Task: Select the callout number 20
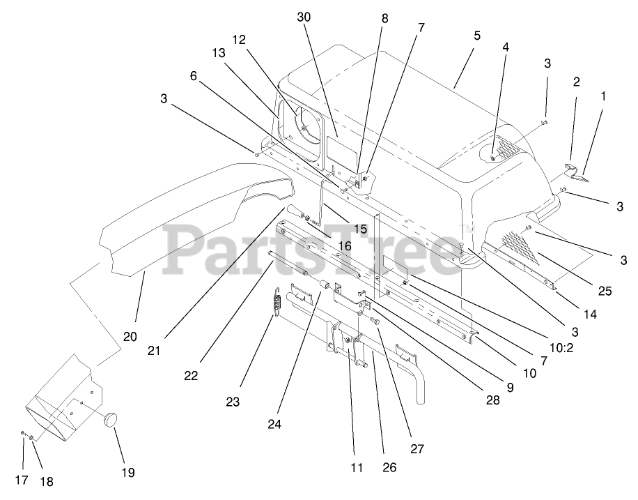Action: click(x=130, y=336)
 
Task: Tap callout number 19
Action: click(x=127, y=472)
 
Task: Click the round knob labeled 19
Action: click(x=109, y=421)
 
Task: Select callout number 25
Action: click(x=605, y=291)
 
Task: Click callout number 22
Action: click(x=191, y=375)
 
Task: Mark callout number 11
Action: click(x=357, y=468)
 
